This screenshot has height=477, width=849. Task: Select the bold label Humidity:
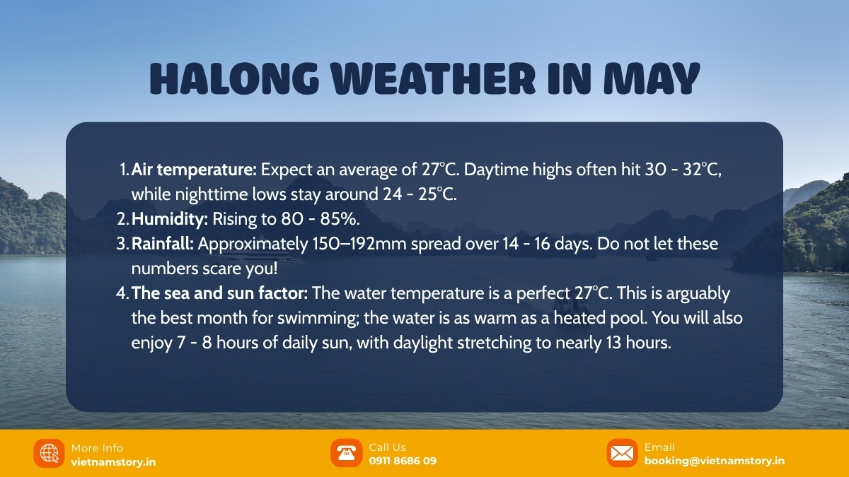pos(170,219)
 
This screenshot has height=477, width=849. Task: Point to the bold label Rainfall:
pos(163,244)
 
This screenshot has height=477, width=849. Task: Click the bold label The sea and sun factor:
pos(220,293)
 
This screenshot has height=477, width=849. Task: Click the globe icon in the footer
pos(49,453)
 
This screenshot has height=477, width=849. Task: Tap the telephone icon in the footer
pos(346,453)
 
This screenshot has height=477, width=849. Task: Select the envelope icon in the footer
pos(622,453)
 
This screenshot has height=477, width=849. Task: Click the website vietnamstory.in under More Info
pos(113,461)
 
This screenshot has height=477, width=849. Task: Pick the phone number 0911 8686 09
pos(403,461)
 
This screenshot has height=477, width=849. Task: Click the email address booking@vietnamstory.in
pos(714,461)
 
